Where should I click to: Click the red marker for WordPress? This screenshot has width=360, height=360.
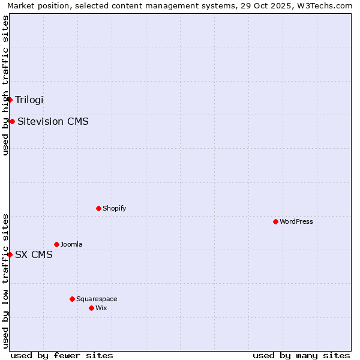pos(275,221)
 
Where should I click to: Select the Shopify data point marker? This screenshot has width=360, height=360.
pos(98,208)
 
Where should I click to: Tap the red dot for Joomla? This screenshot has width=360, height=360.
pos(56,244)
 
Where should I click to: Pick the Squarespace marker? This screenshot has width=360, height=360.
pos(72,299)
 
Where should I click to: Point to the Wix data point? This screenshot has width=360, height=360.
pos(91,308)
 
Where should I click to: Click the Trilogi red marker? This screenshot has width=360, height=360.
pos(10,100)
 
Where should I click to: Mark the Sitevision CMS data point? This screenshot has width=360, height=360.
pos(12,121)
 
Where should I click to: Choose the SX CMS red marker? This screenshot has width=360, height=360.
pos(10,254)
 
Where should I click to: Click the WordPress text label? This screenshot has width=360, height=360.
pos(296,221)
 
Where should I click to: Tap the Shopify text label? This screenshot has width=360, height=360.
pos(114,208)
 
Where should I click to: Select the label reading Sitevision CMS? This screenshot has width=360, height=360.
pos(53,121)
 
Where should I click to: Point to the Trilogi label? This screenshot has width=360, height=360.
pos(29,100)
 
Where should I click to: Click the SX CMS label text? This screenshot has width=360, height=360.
pos(34,254)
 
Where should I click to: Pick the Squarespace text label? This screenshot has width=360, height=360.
pos(97,299)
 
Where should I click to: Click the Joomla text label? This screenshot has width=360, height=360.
pos(71,244)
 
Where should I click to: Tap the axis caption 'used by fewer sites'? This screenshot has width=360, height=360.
pos(62,355)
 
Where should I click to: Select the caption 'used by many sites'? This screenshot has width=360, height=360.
pos(301,355)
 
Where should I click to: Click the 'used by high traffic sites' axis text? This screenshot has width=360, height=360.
pos(5,85)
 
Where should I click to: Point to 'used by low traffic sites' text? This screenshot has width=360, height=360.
pos(5,281)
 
